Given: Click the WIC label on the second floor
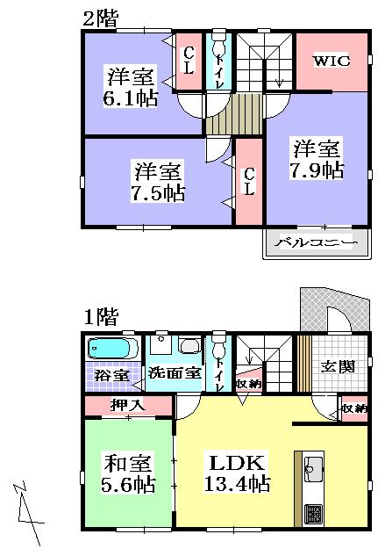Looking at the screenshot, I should [x=332, y=61].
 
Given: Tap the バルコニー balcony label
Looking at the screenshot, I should [x=316, y=242].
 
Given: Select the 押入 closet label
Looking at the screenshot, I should [x=128, y=406].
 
